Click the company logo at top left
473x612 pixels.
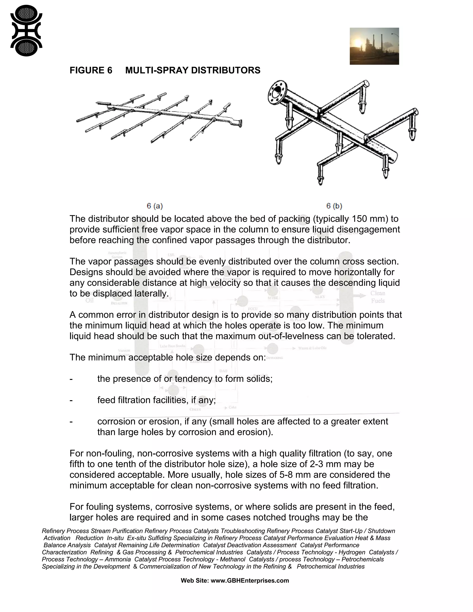(x=26, y=30)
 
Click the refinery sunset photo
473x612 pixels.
(x=374, y=46)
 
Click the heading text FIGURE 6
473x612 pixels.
(x=91, y=70)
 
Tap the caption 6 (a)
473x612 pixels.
(x=155, y=206)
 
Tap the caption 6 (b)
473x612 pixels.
(x=334, y=206)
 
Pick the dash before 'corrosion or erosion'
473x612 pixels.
(x=71, y=421)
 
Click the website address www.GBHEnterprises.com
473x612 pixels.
(x=250, y=581)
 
